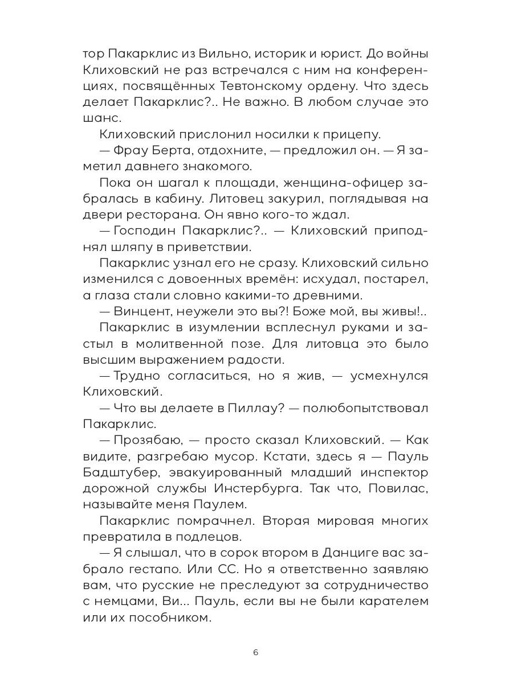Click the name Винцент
pyautogui.click(x=140, y=312)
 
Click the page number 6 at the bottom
pyautogui.click(x=255, y=653)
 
